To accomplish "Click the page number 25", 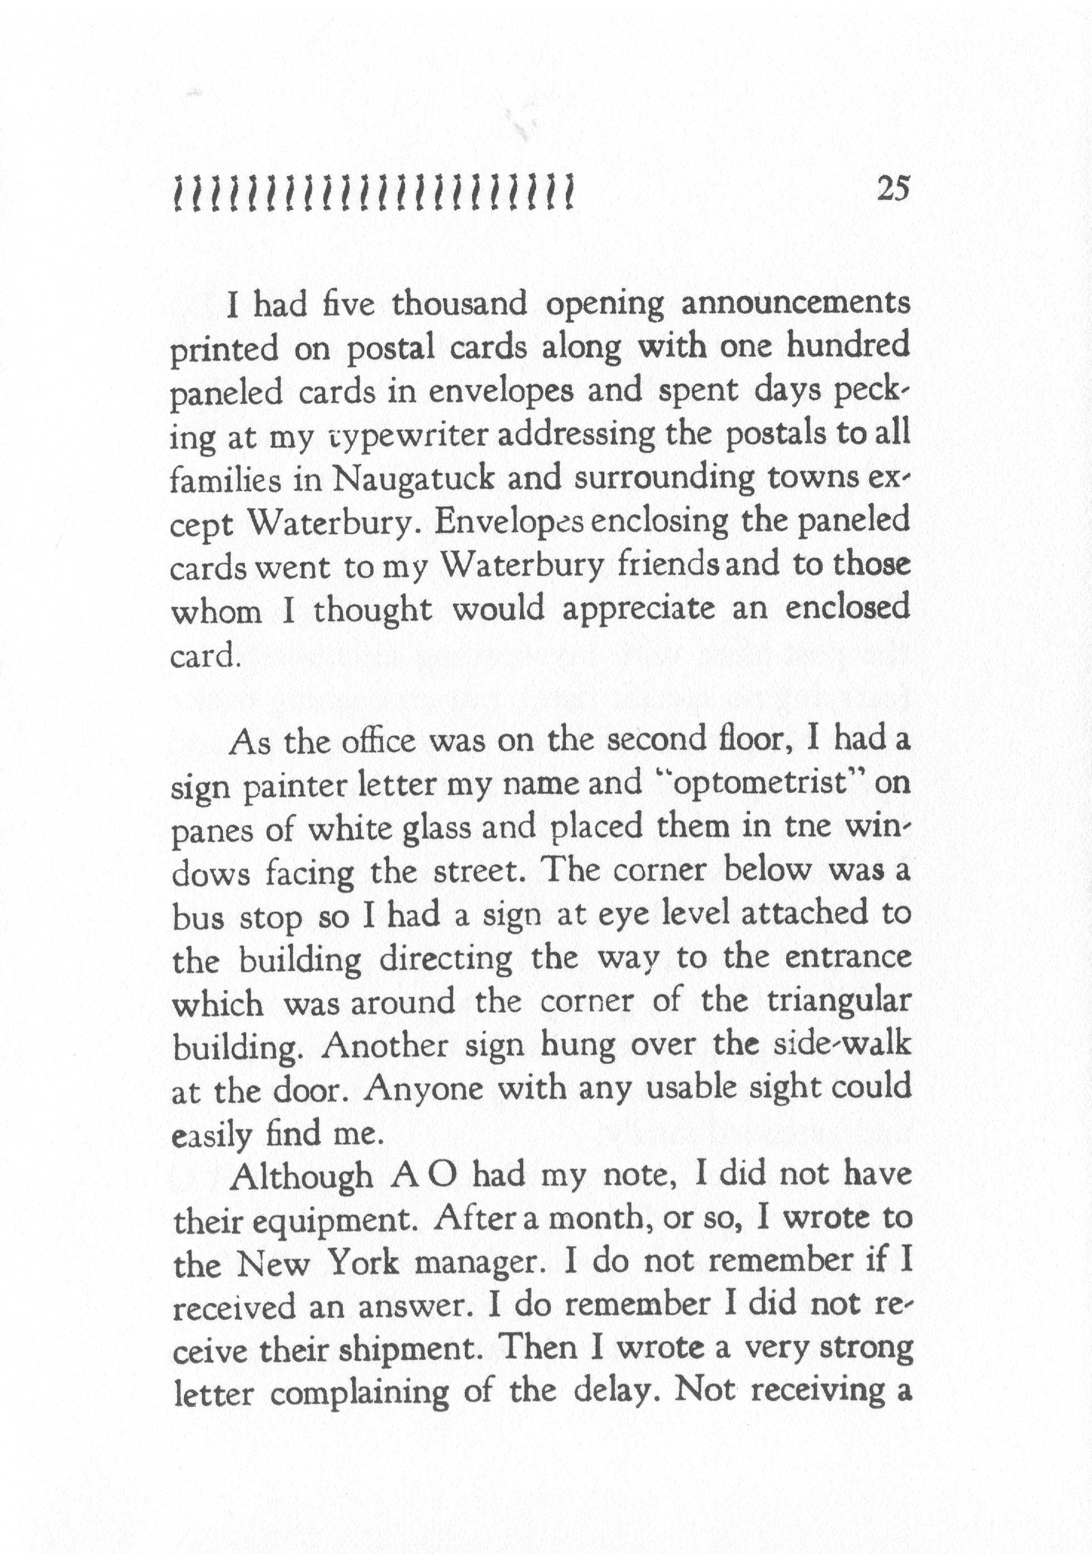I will pyautogui.click(x=893, y=189).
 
